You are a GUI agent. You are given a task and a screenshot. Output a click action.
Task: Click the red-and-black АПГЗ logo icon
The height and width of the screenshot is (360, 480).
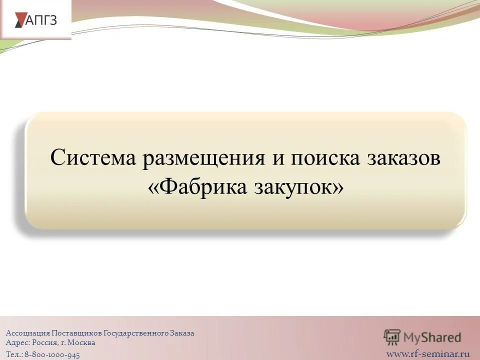click(19, 19)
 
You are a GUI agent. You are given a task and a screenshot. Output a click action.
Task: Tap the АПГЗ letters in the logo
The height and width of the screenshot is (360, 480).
click(41, 20)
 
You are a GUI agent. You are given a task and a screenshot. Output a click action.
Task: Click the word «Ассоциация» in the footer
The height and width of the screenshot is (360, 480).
click(27, 333)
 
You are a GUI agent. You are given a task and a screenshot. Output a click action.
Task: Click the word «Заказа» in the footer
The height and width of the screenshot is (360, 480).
click(181, 333)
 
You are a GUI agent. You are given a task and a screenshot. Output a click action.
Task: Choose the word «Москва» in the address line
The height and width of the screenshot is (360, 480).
click(81, 343)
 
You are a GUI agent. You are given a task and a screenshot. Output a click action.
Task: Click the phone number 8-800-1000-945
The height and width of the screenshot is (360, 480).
click(52, 354)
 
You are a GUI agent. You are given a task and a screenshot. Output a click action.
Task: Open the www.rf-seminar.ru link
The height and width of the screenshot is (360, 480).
click(428, 354)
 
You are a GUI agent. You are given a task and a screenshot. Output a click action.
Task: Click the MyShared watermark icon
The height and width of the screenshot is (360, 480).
click(392, 337)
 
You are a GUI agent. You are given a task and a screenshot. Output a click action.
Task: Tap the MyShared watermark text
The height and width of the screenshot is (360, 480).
click(432, 338)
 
